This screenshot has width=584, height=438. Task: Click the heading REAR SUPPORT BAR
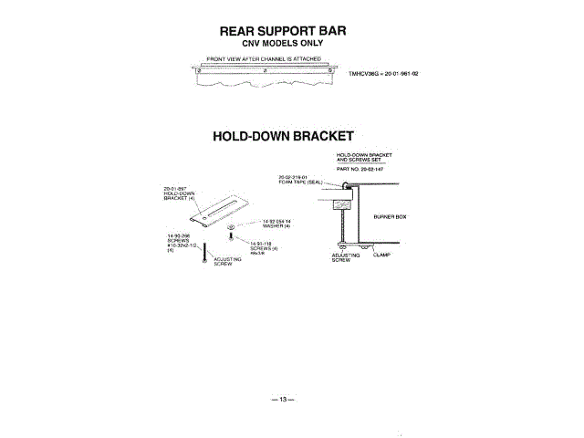[283, 31]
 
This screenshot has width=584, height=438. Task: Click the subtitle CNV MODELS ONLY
[282, 44]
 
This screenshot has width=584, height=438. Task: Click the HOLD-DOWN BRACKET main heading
[283, 136]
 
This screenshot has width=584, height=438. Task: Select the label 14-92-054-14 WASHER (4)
[276, 223]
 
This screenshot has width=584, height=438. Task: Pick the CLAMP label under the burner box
[381, 255]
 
